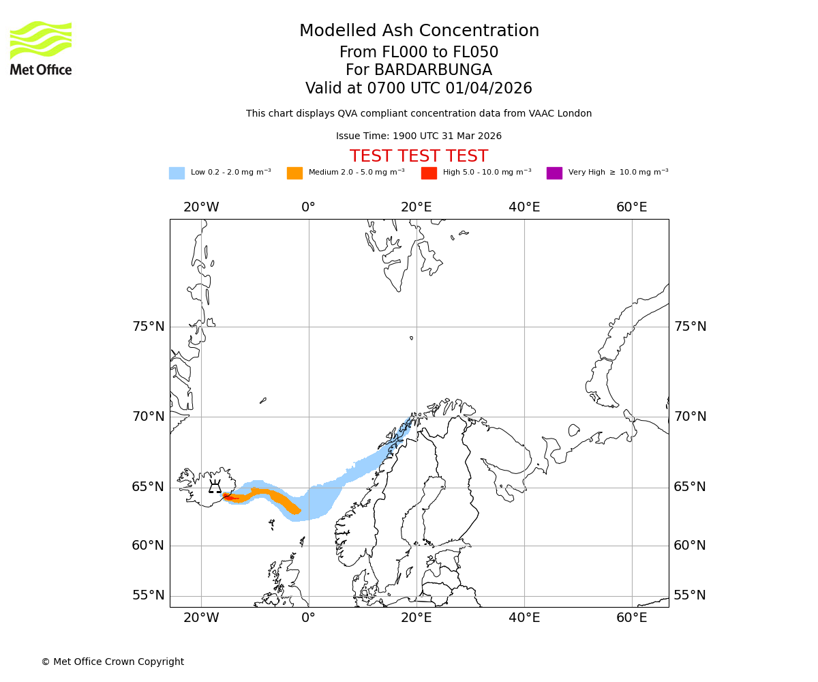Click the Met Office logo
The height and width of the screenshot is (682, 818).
point(41,48)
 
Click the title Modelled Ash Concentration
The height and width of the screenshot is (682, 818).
point(419,31)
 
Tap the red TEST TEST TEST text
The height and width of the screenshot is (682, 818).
point(419,156)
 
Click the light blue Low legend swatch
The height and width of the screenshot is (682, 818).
point(177,173)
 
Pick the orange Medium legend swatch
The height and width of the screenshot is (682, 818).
point(294,173)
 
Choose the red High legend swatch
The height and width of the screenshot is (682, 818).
point(429,173)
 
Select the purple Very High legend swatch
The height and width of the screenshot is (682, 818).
point(554,173)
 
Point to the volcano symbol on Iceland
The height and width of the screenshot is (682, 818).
point(215,487)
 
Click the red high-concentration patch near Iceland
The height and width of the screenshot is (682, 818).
point(229,498)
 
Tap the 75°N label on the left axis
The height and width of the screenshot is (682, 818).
point(149,327)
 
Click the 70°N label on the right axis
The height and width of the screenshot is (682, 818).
point(690,417)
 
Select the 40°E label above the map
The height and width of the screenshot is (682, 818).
point(524,207)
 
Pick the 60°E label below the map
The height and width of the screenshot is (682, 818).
point(631,618)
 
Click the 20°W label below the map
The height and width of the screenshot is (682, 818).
point(201,618)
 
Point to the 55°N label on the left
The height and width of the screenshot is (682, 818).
point(149,595)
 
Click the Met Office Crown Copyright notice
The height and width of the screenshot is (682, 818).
point(112,662)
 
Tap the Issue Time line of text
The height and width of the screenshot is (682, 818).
point(419,136)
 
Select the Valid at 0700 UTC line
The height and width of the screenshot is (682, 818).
point(419,89)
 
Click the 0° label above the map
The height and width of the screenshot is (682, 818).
point(308,207)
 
